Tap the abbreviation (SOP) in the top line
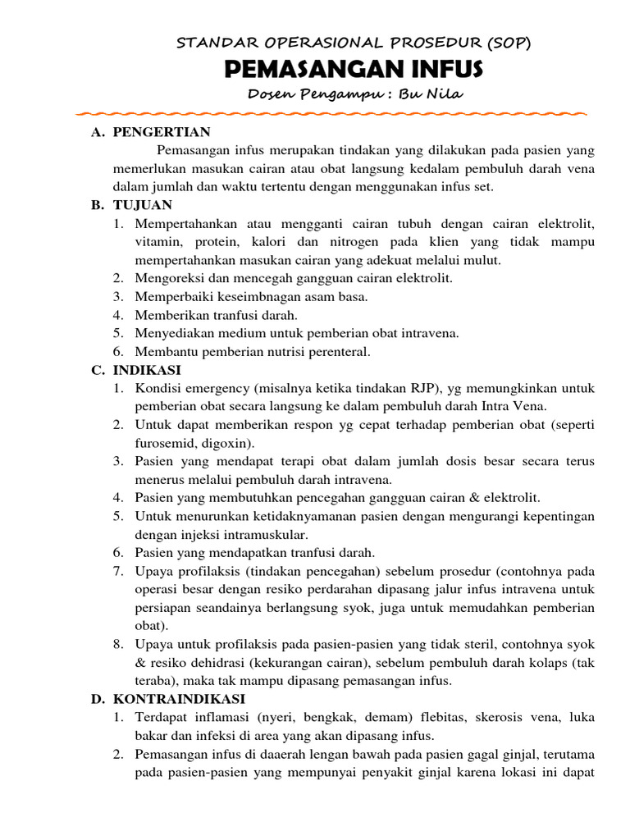[509, 43]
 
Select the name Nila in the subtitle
[444, 94]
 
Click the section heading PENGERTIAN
[162, 132]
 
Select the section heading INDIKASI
[148, 370]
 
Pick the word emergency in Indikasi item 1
[214, 388]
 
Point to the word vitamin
[158, 242]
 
